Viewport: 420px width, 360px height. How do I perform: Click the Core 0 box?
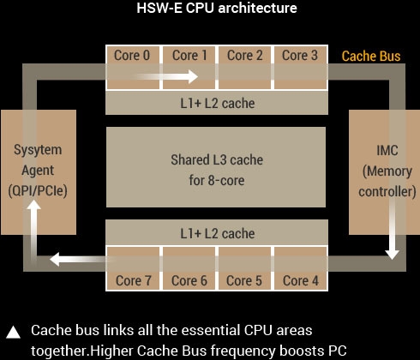pyautogui.click(x=133, y=68)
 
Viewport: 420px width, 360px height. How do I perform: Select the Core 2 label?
pyautogui.click(x=245, y=56)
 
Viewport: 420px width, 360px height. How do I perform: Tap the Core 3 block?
pyautogui.click(x=300, y=68)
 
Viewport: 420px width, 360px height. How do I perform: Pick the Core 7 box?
pyautogui.click(x=133, y=268)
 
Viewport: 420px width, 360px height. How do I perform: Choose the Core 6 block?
pyautogui.click(x=189, y=268)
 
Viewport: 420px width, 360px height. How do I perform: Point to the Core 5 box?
pyautogui.click(x=244, y=268)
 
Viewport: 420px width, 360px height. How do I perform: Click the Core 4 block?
pyautogui.click(x=300, y=268)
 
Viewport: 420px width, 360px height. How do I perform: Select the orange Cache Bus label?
pyautogui.click(x=371, y=56)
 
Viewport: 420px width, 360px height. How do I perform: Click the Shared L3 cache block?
pyautogui.click(x=216, y=167)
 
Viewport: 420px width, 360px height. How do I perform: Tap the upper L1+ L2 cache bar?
pyautogui.click(x=217, y=103)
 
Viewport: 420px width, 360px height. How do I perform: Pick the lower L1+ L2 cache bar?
pyautogui.click(x=217, y=232)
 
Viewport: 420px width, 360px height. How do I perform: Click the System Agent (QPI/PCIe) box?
pyautogui.click(x=39, y=172)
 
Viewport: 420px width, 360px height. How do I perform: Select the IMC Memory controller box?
pyautogui.click(x=384, y=172)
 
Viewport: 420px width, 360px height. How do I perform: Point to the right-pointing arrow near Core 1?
pyautogui.click(x=167, y=76)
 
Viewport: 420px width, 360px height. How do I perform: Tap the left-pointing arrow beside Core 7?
pyautogui.click(x=83, y=260)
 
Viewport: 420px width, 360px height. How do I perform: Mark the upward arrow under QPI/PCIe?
pyautogui.click(x=33, y=230)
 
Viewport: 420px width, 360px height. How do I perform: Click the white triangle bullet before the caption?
pyautogui.click(x=13, y=332)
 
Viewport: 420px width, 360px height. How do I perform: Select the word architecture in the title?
pyautogui.click(x=257, y=8)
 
